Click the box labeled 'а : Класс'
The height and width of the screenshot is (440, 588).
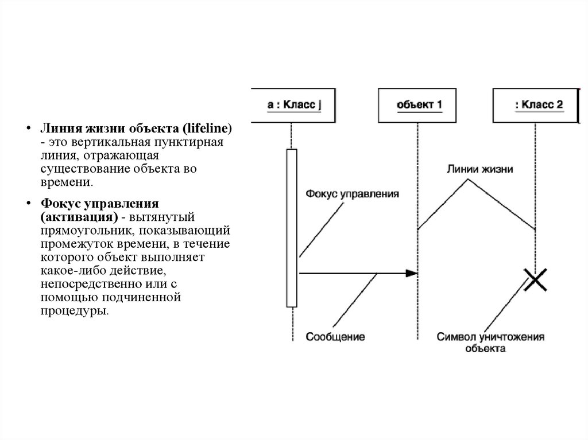(293, 105)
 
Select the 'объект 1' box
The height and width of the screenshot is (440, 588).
(419, 105)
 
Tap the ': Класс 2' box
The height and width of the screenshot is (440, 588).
(536, 105)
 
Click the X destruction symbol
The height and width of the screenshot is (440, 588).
(536, 280)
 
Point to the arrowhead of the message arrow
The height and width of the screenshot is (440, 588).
(412, 274)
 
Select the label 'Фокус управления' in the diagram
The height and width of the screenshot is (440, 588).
(352, 194)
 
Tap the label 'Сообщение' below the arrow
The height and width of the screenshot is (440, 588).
(335, 337)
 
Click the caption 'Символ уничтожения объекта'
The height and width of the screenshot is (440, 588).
(490, 342)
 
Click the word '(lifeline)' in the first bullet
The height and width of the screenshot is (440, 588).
(204, 128)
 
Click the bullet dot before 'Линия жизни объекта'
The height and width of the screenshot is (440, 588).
(26, 128)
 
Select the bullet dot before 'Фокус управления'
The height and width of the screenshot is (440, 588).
(26, 204)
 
